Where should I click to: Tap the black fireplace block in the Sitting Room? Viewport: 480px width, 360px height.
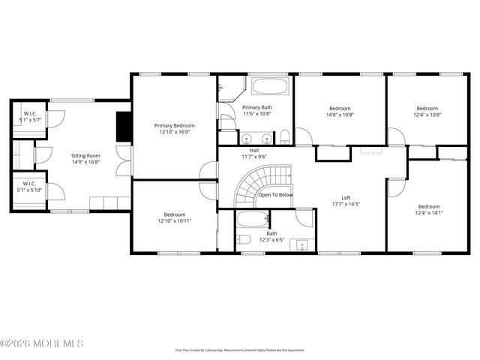point(123,127)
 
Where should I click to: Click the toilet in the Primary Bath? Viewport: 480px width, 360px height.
point(285,136)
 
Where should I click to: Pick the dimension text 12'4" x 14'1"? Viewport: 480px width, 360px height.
point(428,213)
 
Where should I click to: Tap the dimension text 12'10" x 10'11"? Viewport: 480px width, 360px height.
point(174,221)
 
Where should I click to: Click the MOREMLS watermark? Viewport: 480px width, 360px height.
point(42,343)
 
